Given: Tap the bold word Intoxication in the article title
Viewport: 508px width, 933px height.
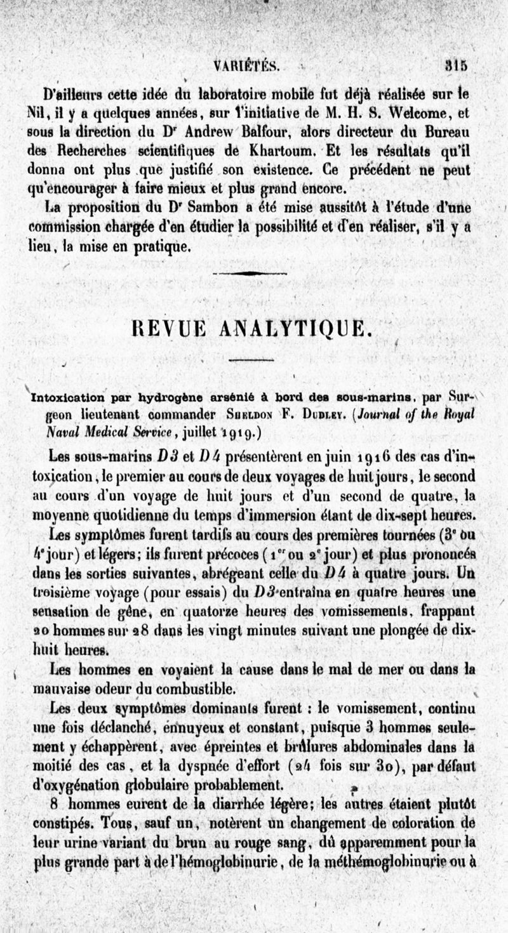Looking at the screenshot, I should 67,399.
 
